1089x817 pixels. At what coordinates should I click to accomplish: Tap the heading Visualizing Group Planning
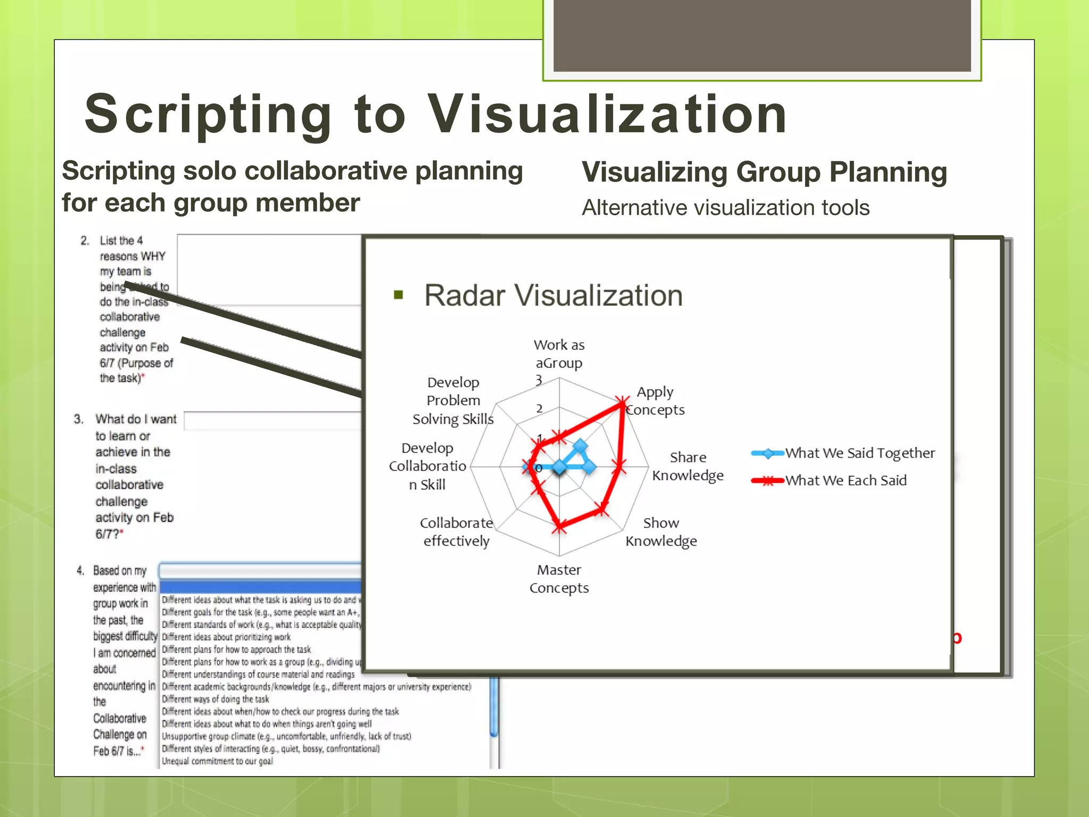click(x=764, y=172)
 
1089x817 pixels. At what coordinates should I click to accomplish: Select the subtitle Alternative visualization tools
click(x=725, y=208)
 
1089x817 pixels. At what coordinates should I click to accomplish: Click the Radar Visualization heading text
click(x=553, y=296)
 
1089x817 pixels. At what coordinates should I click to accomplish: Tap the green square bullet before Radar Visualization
click(x=398, y=295)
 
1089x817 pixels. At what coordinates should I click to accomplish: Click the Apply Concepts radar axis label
click(x=655, y=401)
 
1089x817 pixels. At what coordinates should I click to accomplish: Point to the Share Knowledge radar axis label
click(x=688, y=466)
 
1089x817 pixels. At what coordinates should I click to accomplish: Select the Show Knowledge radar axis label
click(x=661, y=532)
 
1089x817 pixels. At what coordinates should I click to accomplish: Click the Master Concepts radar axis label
click(x=559, y=579)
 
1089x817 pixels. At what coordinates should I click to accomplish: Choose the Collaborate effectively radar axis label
click(x=456, y=532)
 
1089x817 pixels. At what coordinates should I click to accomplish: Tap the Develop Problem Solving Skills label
click(x=453, y=401)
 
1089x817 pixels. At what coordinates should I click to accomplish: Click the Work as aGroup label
click(x=559, y=354)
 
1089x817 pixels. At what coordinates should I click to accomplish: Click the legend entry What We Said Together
click(x=859, y=453)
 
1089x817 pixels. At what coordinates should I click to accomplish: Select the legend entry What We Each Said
click(x=845, y=481)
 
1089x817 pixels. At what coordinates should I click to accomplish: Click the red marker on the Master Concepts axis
click(x=559, y=527)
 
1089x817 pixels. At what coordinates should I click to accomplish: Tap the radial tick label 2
click(x=539, y=408)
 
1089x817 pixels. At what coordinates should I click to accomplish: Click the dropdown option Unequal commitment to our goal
click(x=217, y=761)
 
